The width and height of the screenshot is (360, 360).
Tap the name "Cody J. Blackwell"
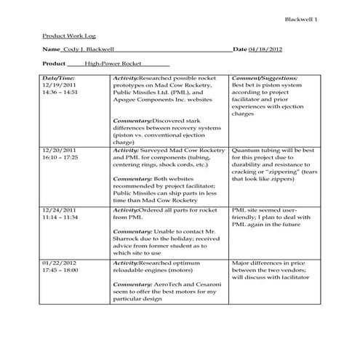pos(88,49)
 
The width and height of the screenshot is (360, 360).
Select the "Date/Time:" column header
pos(58,76)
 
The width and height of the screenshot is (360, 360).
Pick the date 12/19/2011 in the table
pos(59,84)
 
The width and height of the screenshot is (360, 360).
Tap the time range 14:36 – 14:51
pos(60,92)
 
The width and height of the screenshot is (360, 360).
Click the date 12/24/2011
pos(59,209)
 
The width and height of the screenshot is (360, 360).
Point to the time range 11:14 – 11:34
pos(60,217)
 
